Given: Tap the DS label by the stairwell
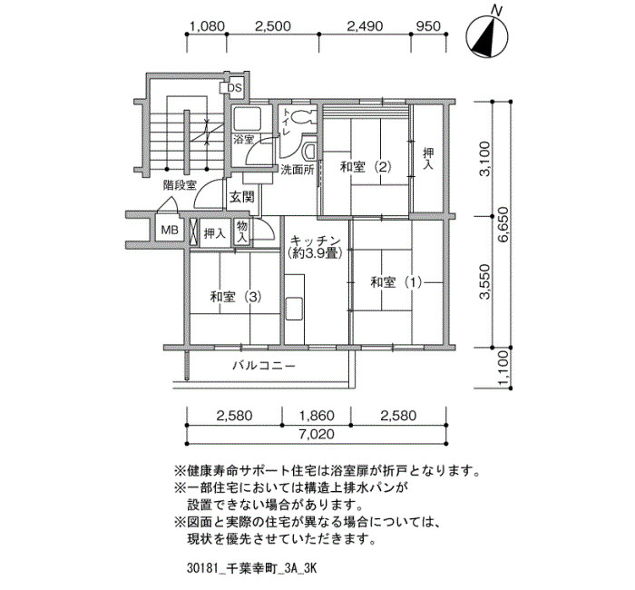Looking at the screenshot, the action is click(234, 88).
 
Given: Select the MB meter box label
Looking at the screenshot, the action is click(170, 231).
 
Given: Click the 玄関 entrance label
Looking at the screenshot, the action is click(242, 197).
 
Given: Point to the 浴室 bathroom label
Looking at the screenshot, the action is click(244, 140).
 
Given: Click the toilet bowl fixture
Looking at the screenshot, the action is click(302, 117).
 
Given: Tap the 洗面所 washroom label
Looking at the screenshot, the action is click(298, 170).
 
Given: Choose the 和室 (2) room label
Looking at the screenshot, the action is click(366, 166).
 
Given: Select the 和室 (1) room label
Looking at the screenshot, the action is click(396, 282).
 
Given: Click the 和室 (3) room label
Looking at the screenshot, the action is click(235, 297).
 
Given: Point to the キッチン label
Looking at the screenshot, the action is click(316, 241).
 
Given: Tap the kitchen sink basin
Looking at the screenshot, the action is click(295, 309).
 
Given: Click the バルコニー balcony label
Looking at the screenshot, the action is click(264, 366).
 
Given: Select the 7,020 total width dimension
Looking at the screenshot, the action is click(317, 435).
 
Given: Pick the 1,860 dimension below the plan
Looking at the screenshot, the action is click(317, 416).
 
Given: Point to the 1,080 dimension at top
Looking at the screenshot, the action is click(207, 26).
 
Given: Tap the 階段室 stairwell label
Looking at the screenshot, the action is click(180, 185).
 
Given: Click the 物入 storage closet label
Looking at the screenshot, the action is click(242, 232).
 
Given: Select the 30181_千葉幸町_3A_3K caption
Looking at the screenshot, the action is click(251, 568).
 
